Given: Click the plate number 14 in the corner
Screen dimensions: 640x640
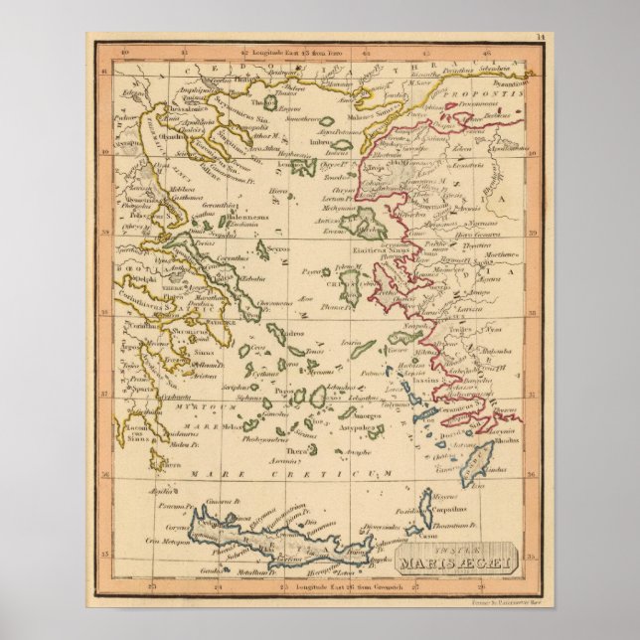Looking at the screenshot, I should (x=538, y=38).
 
